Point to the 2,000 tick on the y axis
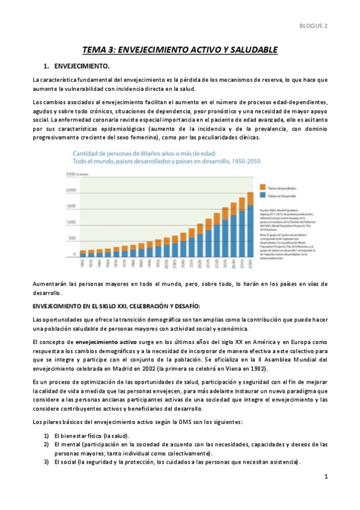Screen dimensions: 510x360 pos(71,191)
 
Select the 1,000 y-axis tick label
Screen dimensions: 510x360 pos(71,223)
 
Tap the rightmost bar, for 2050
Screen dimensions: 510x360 pos(250,226)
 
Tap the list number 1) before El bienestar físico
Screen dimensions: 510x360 pos(46,435)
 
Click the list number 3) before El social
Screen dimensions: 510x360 pos(46,462)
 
